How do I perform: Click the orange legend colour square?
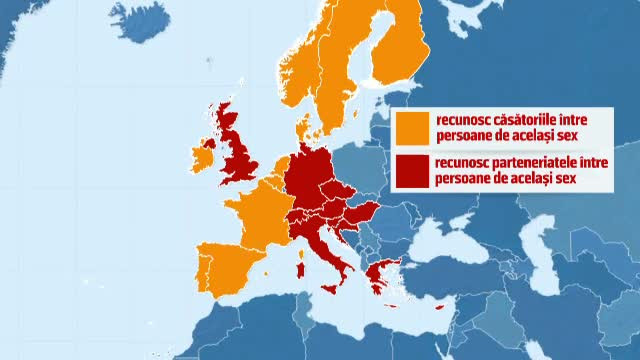(x=410, y=128)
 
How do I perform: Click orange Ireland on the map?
(x=202, y=160)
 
